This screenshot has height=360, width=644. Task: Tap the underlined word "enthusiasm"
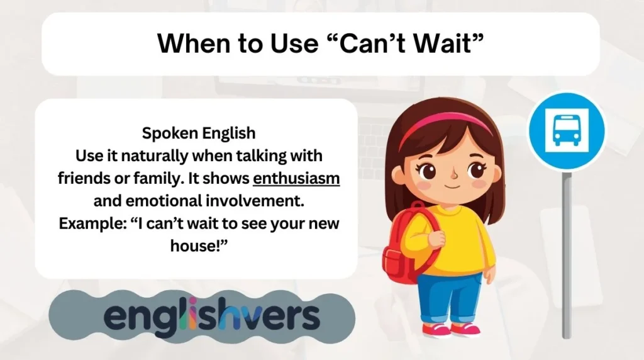pyautogui.click(x=296, y=178)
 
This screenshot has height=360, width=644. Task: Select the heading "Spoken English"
pyautogui.click(x=198, y=133)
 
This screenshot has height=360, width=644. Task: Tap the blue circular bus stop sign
pyautogui.click(x=565, y=133)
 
